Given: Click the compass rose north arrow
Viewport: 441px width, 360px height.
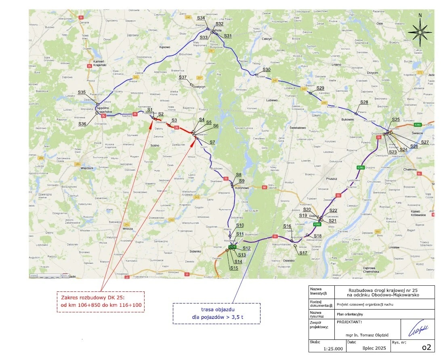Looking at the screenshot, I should pos(420,30).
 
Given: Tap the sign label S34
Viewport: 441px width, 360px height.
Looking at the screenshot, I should pos(201,19).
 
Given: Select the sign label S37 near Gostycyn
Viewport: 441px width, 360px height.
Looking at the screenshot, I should pos(183,77).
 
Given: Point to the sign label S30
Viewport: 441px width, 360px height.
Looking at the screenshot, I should pos(267,70).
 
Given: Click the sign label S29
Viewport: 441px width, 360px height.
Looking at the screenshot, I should pos(320,88).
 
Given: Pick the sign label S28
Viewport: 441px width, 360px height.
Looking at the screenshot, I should pos(364,102).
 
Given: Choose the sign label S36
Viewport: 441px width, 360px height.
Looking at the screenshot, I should pos(82,123).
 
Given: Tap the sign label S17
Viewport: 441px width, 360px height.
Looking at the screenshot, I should pos(303,253).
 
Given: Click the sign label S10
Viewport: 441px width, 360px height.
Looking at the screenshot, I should pos(240,225).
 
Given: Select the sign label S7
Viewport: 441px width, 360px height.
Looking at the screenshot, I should pos(212,142).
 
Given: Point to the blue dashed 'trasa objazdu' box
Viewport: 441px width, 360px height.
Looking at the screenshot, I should pos(217,314).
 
